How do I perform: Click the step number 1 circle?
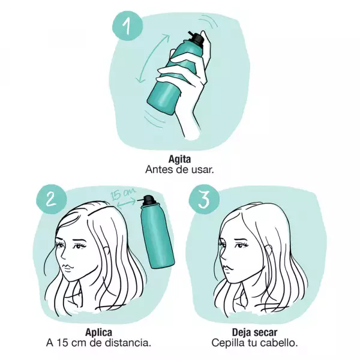(x=127, y=26)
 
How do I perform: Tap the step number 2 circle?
(x=51, y=199)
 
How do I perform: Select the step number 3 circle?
(x=204, y=199)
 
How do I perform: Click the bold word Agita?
(x=180, y=159)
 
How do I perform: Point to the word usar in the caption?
(x=203, y=170)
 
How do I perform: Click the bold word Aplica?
(x=99, y=332)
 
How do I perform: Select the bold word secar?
(x=265, y=332)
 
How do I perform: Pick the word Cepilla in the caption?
(x=226, y=343)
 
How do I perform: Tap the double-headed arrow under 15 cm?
(x=126, y=203)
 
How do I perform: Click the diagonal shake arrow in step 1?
(x=152, y=58)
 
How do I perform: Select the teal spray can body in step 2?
(x=158, y=236)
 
